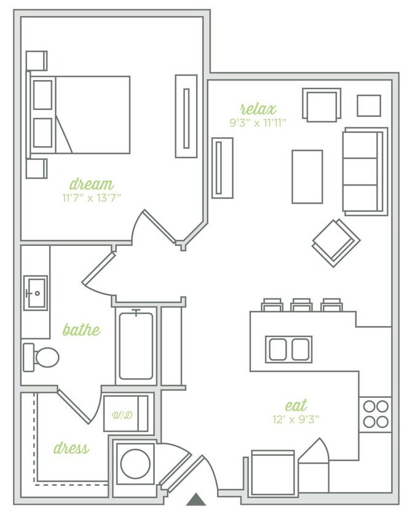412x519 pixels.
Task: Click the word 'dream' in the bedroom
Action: point(92,184)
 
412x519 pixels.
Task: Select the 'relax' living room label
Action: point(258,109)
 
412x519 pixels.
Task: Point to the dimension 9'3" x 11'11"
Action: point(258,122)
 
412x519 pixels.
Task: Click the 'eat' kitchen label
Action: point(296,406)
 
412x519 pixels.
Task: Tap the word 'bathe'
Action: point(81,330)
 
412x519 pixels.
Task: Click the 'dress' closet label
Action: point(71,448)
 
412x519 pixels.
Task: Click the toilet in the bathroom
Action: point(42,357)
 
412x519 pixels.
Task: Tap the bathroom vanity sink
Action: point(36,293)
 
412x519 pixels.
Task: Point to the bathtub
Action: point(136,346)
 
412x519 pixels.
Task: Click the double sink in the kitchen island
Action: point(289,349)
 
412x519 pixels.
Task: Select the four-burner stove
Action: point(375,414)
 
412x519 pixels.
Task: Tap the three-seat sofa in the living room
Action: point(365,171)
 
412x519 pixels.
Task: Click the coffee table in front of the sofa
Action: point(307,176)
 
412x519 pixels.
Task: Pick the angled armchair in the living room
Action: point(336,242)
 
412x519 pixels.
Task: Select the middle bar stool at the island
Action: point(301,305)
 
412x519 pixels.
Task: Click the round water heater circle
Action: point(135,464)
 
